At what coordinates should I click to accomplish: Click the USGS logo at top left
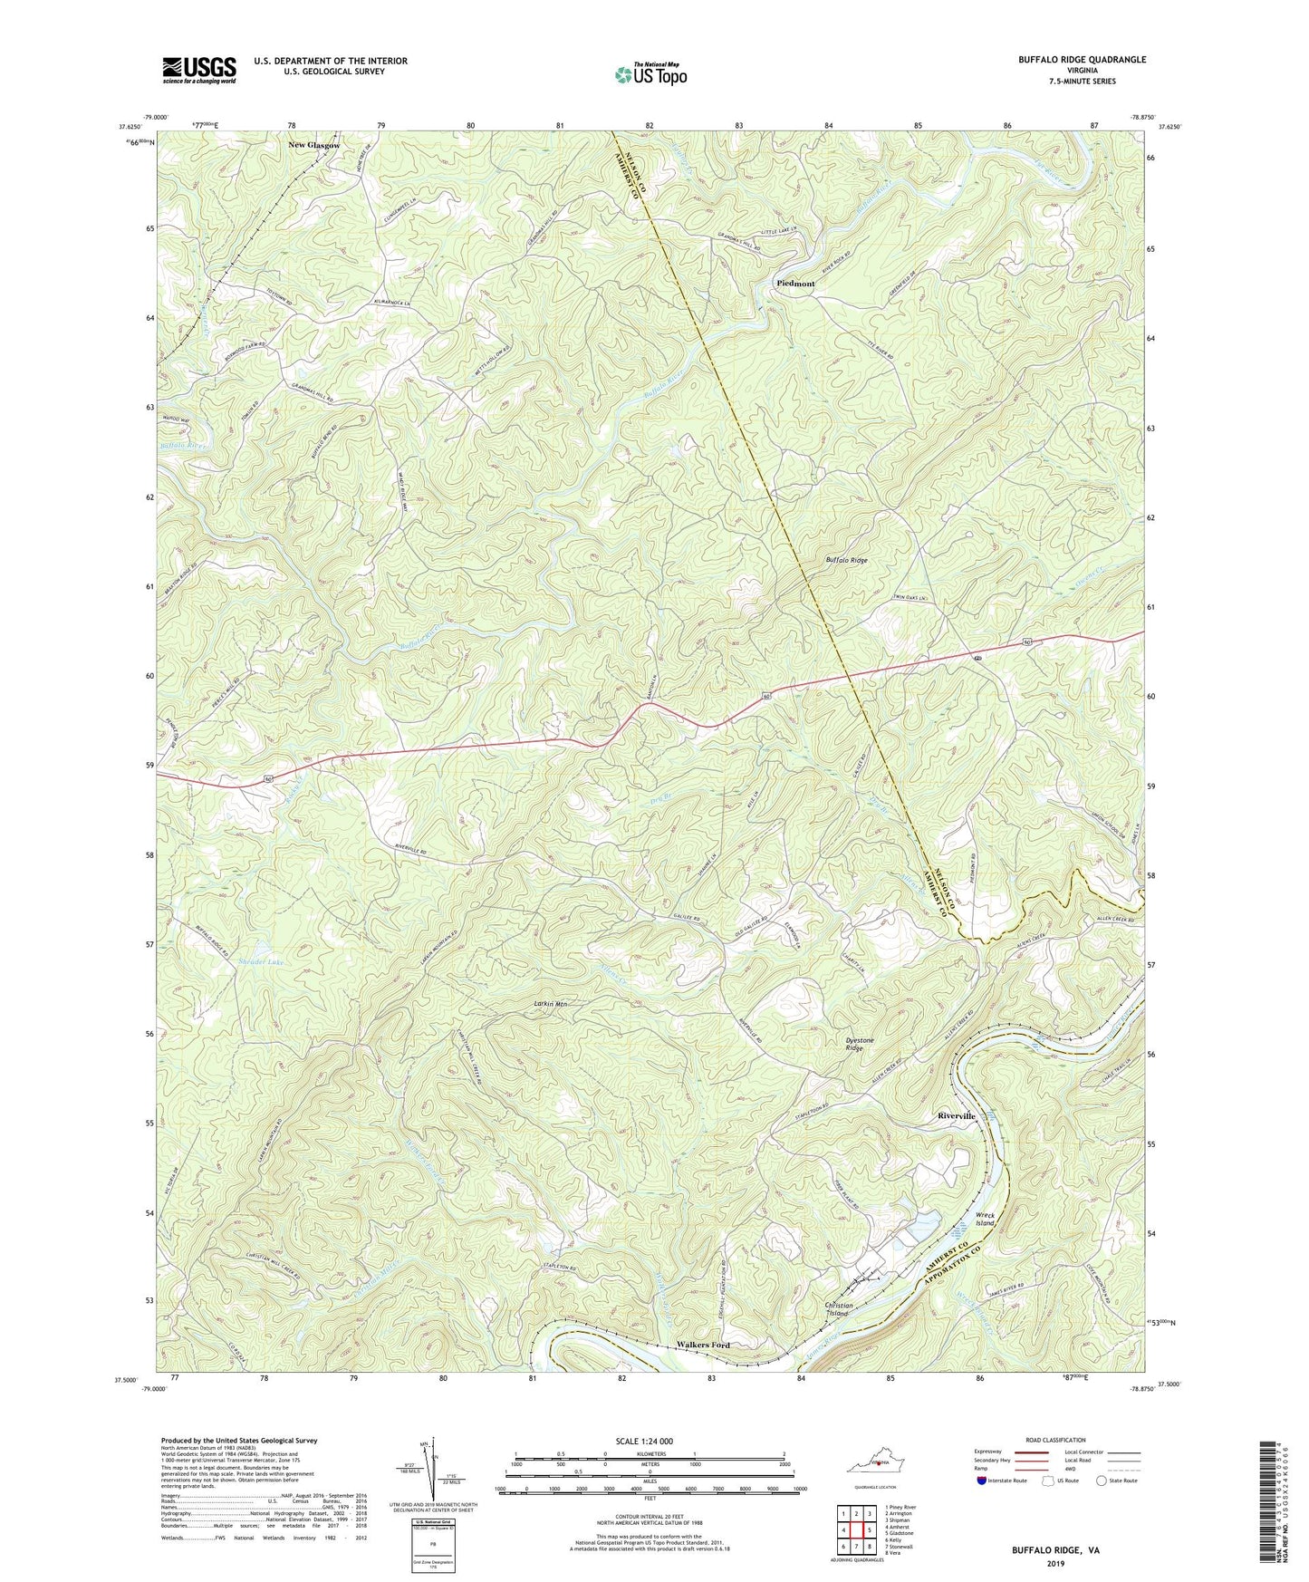pos(199,69)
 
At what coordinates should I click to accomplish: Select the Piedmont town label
pos(795,284)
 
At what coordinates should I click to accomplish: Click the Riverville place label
pos(957,1116)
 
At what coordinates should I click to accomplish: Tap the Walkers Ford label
pos(704,1346)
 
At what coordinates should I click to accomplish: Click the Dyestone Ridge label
pos(860,1046)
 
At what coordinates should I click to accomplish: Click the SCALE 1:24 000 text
pos(643,1442)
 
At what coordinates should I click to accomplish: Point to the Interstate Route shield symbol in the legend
pos(982,1481)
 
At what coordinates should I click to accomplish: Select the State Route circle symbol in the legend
pos(1102,1481)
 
